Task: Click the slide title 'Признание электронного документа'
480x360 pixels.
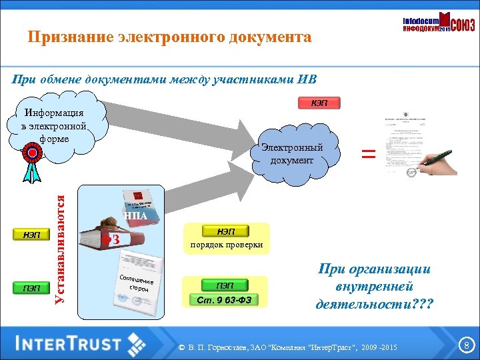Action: pyautogui.click(x=169, y=37)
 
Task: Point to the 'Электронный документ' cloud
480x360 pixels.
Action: pyautogui.click(x=292, y=154)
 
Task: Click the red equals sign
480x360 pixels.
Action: pyautogui.click(x=368, y=154)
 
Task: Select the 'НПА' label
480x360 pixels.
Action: pyautogui.click(x=135, y=215)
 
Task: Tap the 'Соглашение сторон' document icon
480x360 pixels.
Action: pyautogui.click(x=137, y=280)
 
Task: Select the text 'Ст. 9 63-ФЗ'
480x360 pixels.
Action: pyautogui.click(x=225, y=299)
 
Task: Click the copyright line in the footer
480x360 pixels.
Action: pyautogui.click(x=288, y=348)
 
